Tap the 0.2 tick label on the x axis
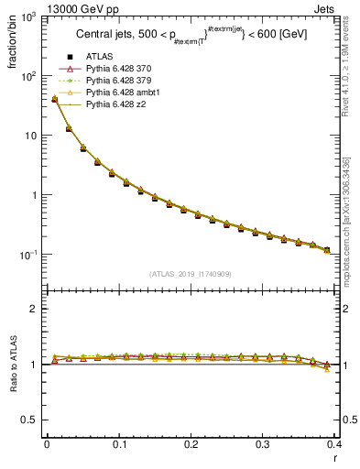191,444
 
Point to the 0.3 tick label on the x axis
263,444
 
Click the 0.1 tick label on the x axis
118,444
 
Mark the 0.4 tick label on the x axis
334,444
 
